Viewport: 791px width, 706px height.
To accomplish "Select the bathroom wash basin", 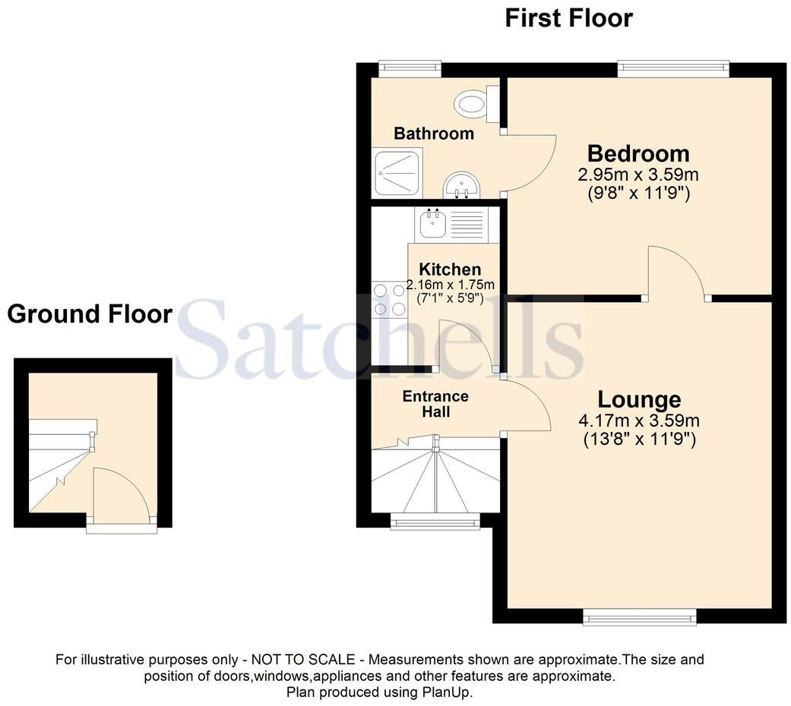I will tap(461, 185).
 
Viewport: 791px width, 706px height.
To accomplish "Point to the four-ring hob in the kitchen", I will tap(389, 299).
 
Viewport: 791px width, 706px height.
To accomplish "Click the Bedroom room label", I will tap(638, 153).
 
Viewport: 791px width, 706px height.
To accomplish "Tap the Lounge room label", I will tap(639, 399).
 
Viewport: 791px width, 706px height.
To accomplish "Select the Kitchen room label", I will tap(450, 269).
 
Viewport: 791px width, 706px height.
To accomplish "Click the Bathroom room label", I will tap(433, 134).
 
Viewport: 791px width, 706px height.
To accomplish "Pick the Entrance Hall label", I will tap(435, 404).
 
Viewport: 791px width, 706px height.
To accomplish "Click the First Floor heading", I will tap(568, 17).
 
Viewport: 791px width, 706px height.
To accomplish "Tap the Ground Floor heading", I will tap(90, 314).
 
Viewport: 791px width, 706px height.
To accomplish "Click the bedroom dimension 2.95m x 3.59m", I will tap(638, 175).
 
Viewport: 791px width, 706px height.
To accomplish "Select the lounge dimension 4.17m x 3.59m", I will tap(639, 420).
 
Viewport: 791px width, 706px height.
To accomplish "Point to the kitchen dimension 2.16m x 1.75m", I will tap(450, 285).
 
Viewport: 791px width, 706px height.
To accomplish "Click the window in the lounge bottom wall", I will tap(640, 618).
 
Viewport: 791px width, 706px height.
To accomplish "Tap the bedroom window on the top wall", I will tap(673, 68).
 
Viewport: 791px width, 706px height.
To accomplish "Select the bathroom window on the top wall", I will tap(410, 68).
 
